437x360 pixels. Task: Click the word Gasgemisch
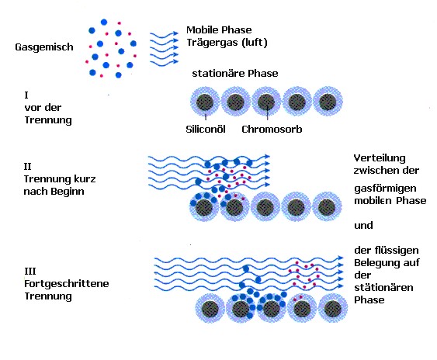click(x=44, y=47)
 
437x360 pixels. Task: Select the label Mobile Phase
click(x=219, y=29)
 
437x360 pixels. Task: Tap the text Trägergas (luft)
click(x=227, y=43)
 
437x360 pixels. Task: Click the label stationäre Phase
click(x=235, y=73)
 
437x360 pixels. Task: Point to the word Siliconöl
click(x=206, y=130)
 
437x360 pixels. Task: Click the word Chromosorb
click(x=272, y=130)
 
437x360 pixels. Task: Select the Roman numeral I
click(x=26, y=95)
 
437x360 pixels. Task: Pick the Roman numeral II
click(x=27, y=167)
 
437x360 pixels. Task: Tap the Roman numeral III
click(x=29, y=271)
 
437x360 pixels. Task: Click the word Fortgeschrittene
click(x=66, y=284)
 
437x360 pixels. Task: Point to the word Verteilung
click(x=380, y=158)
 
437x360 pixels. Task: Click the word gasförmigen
click(x=385, y=189)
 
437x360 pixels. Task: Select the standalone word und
click(x=363, y=225)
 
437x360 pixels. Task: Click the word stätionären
click(x=383, y=287)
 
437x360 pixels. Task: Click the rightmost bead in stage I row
click(x=328, y=102)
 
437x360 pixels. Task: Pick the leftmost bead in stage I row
click(x=205, y=102)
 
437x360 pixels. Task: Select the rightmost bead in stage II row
click(x=327, y=207)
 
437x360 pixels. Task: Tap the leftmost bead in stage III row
click(x=210, y=309)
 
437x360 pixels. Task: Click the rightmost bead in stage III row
click(x=333, y=309)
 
